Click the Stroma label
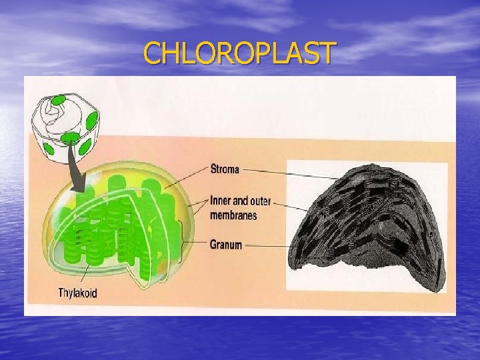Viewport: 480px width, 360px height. point(225,169)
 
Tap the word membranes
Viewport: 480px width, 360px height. point(233,215)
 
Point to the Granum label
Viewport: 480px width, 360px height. point(226,245)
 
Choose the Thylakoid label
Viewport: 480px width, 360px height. point(77,293)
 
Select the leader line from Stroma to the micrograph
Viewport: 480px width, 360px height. point(293,174)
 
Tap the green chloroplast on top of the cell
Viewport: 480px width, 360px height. point(58,101)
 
